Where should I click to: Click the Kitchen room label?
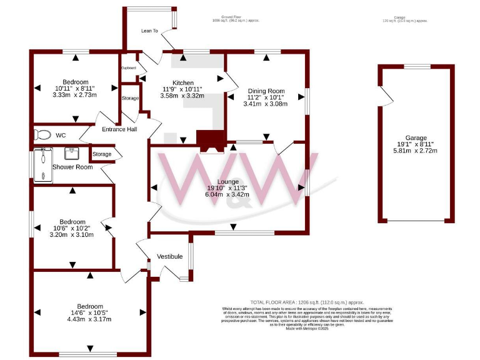[x=183, y=82]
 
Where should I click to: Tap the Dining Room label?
[x=266, y=89]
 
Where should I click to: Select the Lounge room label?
[x=227, y=181]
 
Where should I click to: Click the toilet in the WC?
[x=42, y=134]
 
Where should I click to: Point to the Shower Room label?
[x=72, y=167]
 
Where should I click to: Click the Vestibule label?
[x=169, y=256]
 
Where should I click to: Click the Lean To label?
[x=149, y=30]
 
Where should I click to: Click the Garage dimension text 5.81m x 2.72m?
[x=415, y=151]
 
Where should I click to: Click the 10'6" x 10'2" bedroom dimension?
[x=72, y=228]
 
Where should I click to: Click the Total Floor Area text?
[x=307, y=302]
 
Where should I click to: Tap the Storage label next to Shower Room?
[x=102, y=154]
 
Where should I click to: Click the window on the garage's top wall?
[x=416, y=66]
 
